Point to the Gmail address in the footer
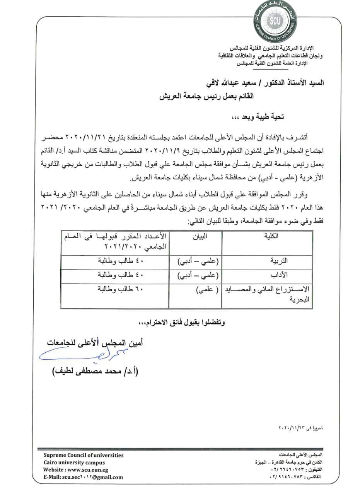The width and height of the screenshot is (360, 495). click(83, 477)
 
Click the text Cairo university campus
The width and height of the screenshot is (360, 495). click(74, 463)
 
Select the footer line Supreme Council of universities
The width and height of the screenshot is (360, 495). click(84, 455)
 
